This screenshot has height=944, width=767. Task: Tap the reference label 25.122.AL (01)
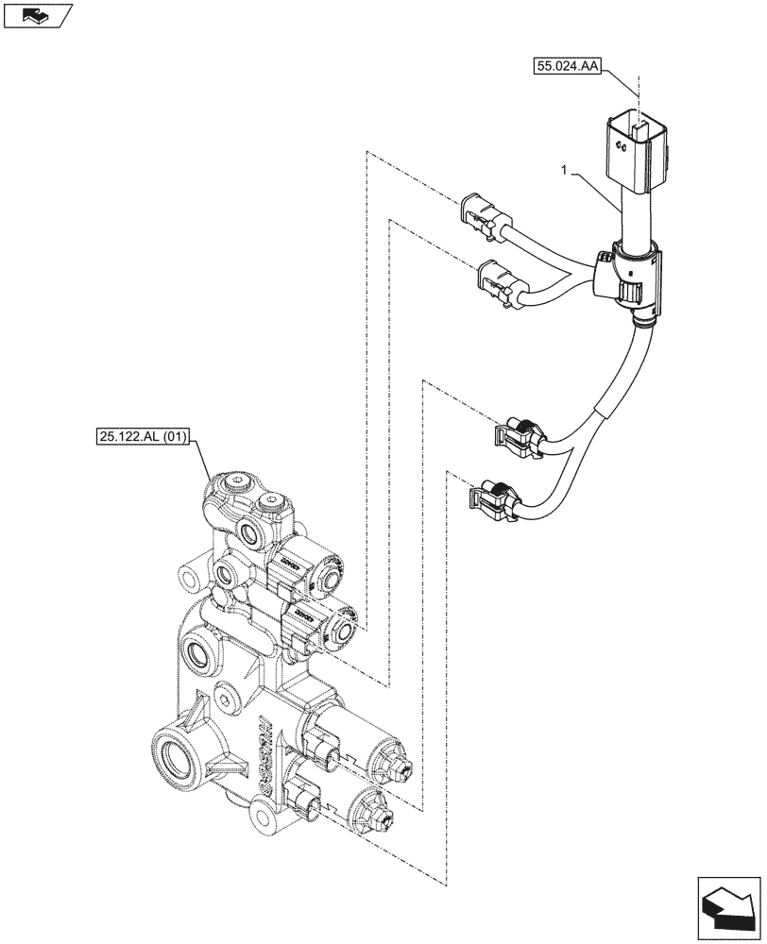tap(145, 436)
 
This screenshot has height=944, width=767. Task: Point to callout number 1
tap(563, 172)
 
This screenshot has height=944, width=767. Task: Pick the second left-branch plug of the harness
tap(500, 281)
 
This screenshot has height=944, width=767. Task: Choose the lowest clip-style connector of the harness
tap(492, 497)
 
